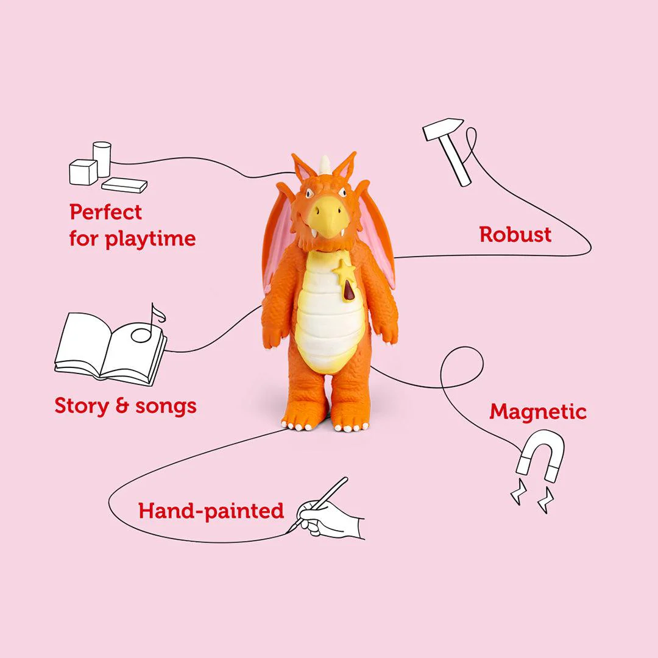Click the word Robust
pos(515,235)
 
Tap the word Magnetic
pos(538,412)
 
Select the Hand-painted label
pos(211,511)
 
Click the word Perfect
pos(105,213)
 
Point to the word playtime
pos(150,239)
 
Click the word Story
pos(80,406)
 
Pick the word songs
pos(166,407)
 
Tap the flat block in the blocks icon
pos(124,184)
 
